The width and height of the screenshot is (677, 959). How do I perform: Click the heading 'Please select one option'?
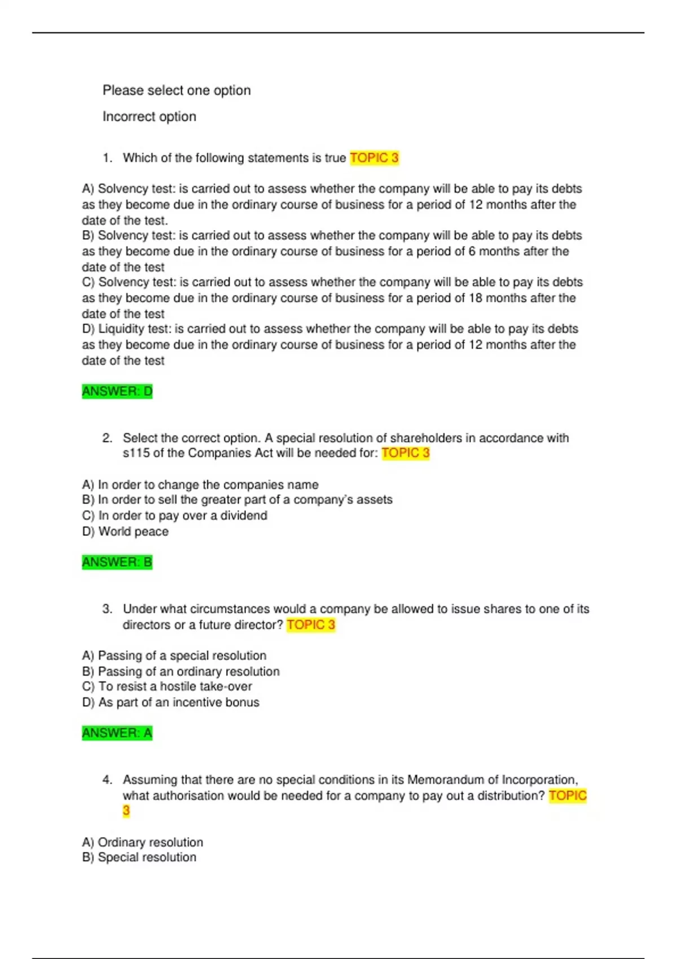(177, 90)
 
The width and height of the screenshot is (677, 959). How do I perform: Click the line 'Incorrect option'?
(150, 117)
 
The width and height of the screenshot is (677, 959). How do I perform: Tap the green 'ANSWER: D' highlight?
(117, 391)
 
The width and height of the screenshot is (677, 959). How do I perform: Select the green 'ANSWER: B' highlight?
(117, 562)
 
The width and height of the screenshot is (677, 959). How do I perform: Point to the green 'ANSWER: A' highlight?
(117, 733)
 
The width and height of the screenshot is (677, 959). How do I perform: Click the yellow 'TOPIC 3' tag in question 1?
(374, 158)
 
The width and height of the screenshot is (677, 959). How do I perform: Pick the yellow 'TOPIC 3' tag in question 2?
(406, 453)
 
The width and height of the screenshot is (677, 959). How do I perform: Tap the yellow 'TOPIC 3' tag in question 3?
(311, 625)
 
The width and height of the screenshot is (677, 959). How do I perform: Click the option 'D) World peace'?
(125, 531)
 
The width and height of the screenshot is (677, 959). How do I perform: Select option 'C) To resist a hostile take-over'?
(167, 687)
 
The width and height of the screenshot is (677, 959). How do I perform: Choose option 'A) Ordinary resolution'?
(143, 842)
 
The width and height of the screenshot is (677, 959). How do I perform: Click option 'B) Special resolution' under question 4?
(139, 857)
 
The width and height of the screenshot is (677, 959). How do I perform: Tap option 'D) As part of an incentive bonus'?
(171, 702)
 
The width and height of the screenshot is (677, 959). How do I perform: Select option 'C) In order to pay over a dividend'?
(175, 516)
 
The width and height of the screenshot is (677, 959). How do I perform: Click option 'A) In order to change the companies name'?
(200, 485)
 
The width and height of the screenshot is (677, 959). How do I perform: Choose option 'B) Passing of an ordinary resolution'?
(181, 671)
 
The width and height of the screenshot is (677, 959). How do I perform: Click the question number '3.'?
(107, 609)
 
